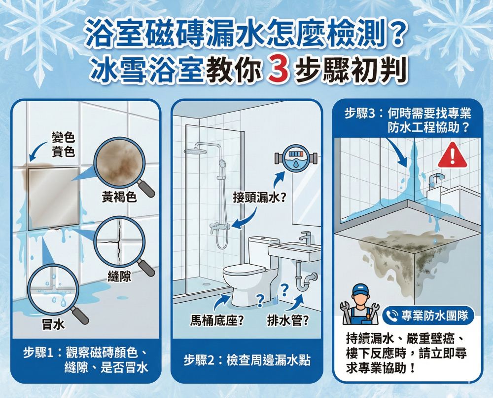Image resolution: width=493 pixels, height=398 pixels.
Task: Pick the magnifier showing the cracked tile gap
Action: [x=120, y=241]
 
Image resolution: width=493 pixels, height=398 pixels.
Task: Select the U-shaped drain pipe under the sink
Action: [x=305, y=280]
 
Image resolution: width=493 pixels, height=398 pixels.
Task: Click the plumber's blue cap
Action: [x=360, y=289]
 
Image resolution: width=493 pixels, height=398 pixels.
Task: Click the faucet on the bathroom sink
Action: [x=306, y=238]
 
